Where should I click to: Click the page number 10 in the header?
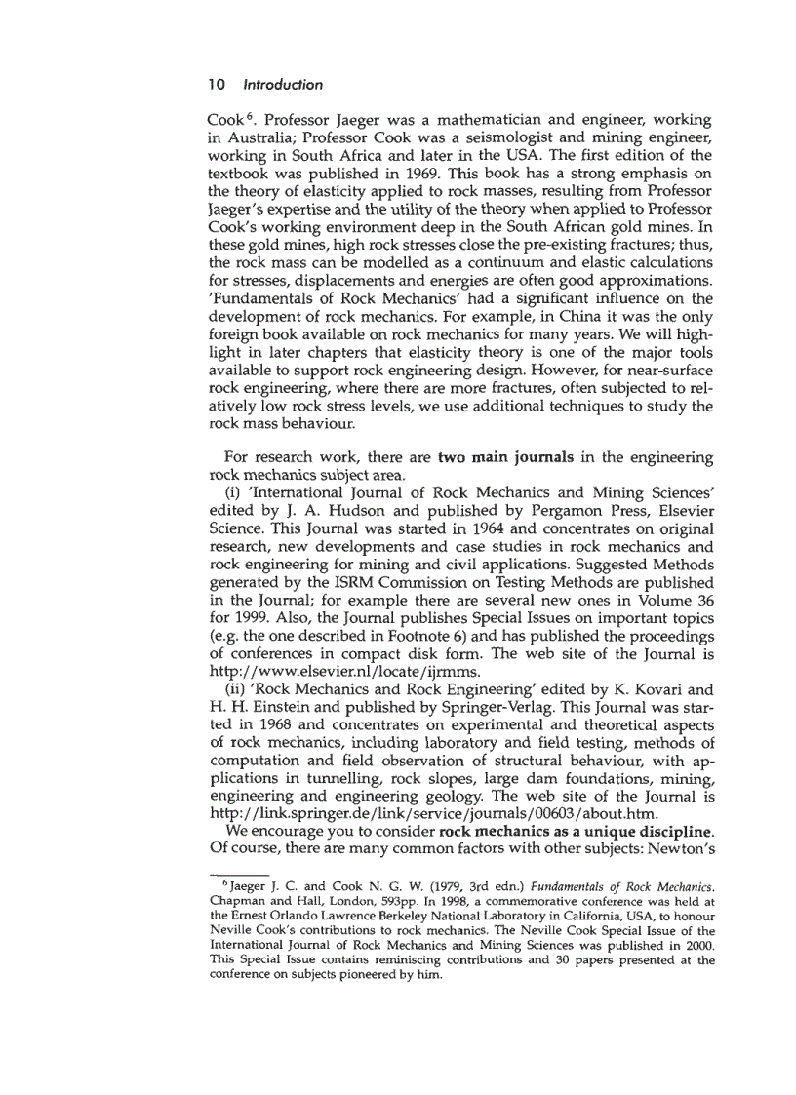pos(216,85)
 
